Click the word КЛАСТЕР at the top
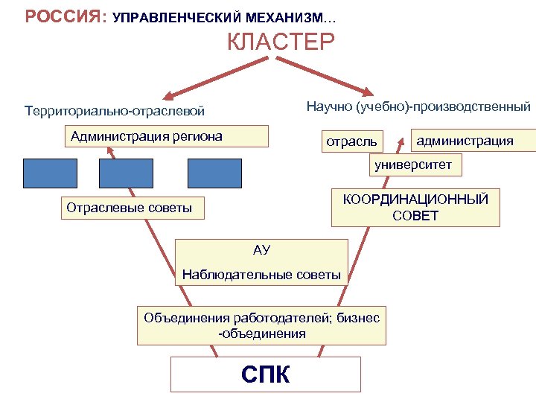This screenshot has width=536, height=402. pyautogui.click(x=281, y=42)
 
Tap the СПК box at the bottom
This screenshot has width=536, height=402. pyautogui.click(x=266, y=374)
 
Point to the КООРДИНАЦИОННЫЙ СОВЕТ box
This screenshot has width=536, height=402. pyautogui.click(x=415, y=208)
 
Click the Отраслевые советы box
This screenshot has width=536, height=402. pyautogui.click(x=131, y=208)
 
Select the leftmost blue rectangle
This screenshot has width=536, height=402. pyautogui.click(x=51, y=173)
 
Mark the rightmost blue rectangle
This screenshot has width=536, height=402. pyautogui.click(x=214, y=173)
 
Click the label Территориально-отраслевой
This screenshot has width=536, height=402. pyautogui.click(x=114, y=112)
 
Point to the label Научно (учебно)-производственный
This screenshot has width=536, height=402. pyautogui.click(x=418, y=106)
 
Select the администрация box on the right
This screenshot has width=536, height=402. pyautogui.click(x=465, y=140)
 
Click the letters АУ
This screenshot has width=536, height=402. pyautogui.click(x=261, y=249)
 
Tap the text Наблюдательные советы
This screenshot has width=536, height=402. pyautogui.click(x=261, y=275)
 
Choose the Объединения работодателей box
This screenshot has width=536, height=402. pyautogui.click(x=261, y=325)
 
